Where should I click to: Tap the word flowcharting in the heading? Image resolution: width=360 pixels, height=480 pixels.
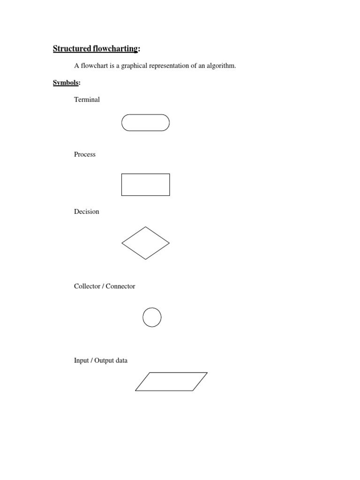click(x=117, y=49)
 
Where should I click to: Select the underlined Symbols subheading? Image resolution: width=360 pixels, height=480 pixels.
click(x=66, y=83)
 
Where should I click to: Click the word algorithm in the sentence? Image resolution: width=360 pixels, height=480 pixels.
click(x=221, y=66)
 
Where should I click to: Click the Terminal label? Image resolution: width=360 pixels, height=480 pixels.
click(x=87, y=99)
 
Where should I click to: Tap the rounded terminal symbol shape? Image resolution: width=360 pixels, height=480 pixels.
click(x=145, y=123)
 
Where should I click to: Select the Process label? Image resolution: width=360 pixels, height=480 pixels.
click(x=85, y=154)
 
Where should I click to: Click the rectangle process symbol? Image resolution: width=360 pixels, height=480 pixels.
click(x=145, y=185)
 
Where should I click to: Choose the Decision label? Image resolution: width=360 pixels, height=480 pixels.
click(x=87, y=211)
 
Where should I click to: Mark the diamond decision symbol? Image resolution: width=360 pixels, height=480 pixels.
click(x=145, y=243)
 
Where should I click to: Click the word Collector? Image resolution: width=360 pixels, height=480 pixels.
click(x=87, y=286)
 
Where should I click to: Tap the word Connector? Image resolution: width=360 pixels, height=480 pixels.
click(x=120, y=286)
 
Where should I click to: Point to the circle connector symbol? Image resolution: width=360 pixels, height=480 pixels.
click(x=152, y=317)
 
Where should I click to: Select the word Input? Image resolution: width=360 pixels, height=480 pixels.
click(x=82, y=360)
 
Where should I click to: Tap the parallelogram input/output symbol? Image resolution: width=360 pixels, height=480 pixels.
click(x=171, y=382)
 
